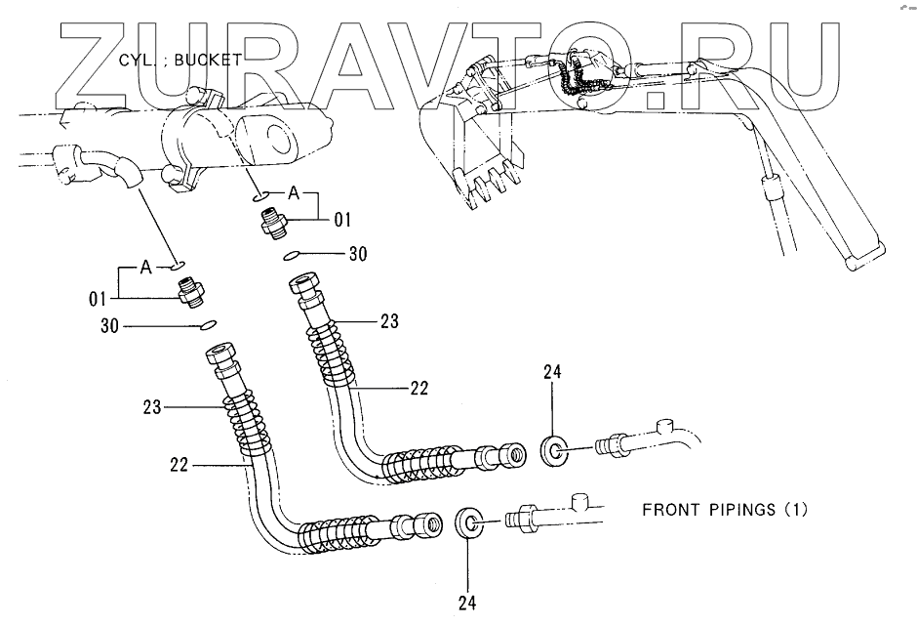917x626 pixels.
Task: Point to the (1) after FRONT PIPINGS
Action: [x=796, y=509]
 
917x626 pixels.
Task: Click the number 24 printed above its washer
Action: [x=552, y=372]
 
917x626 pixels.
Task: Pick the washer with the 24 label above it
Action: [x=554, y=451]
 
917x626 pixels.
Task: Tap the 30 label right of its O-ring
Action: [x=358, y=255]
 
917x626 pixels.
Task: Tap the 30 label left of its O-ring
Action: [x=108, y=325]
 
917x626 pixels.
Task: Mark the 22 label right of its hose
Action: [x=419, y=388]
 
